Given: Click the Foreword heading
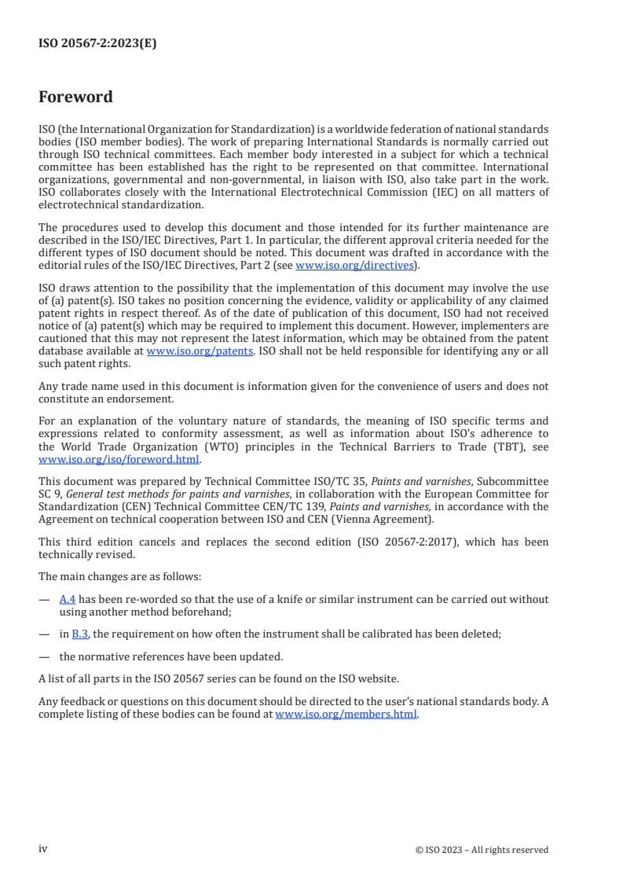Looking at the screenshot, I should (75, 97).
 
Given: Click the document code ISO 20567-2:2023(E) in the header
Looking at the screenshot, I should (97, 43).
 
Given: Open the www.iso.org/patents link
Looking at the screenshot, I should (200, 351).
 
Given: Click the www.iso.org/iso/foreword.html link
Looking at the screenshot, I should (119, 460).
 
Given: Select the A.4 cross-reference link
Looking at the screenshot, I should (67, 599).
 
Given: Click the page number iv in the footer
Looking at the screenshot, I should (43, 848).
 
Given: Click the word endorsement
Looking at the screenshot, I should (119, 399).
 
